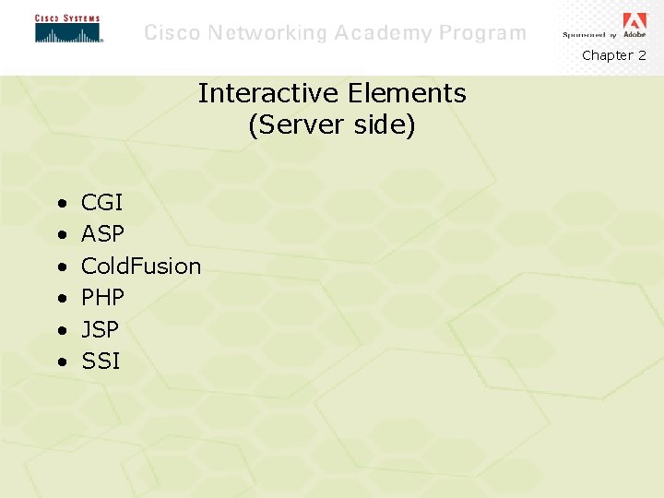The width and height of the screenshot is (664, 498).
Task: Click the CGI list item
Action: click(101, 203)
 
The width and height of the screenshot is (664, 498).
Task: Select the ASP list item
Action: click(102, 234)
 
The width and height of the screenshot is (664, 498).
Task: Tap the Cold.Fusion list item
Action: click(140, 266)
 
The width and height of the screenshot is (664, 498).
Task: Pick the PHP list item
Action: click(102, 298)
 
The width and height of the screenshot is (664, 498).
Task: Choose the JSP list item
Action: click(100, 329)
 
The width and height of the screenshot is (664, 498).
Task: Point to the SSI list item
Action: click(101, 361)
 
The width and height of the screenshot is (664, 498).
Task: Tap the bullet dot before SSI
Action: click(60, 362)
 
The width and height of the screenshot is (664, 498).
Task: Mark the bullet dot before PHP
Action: click(60, 299)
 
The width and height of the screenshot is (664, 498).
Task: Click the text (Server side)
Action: click(332, 125)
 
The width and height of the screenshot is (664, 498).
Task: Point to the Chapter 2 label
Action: click(613, 55)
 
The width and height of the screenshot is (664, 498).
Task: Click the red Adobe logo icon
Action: click(634, 21)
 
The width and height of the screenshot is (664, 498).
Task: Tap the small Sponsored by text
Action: click(588, 35)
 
